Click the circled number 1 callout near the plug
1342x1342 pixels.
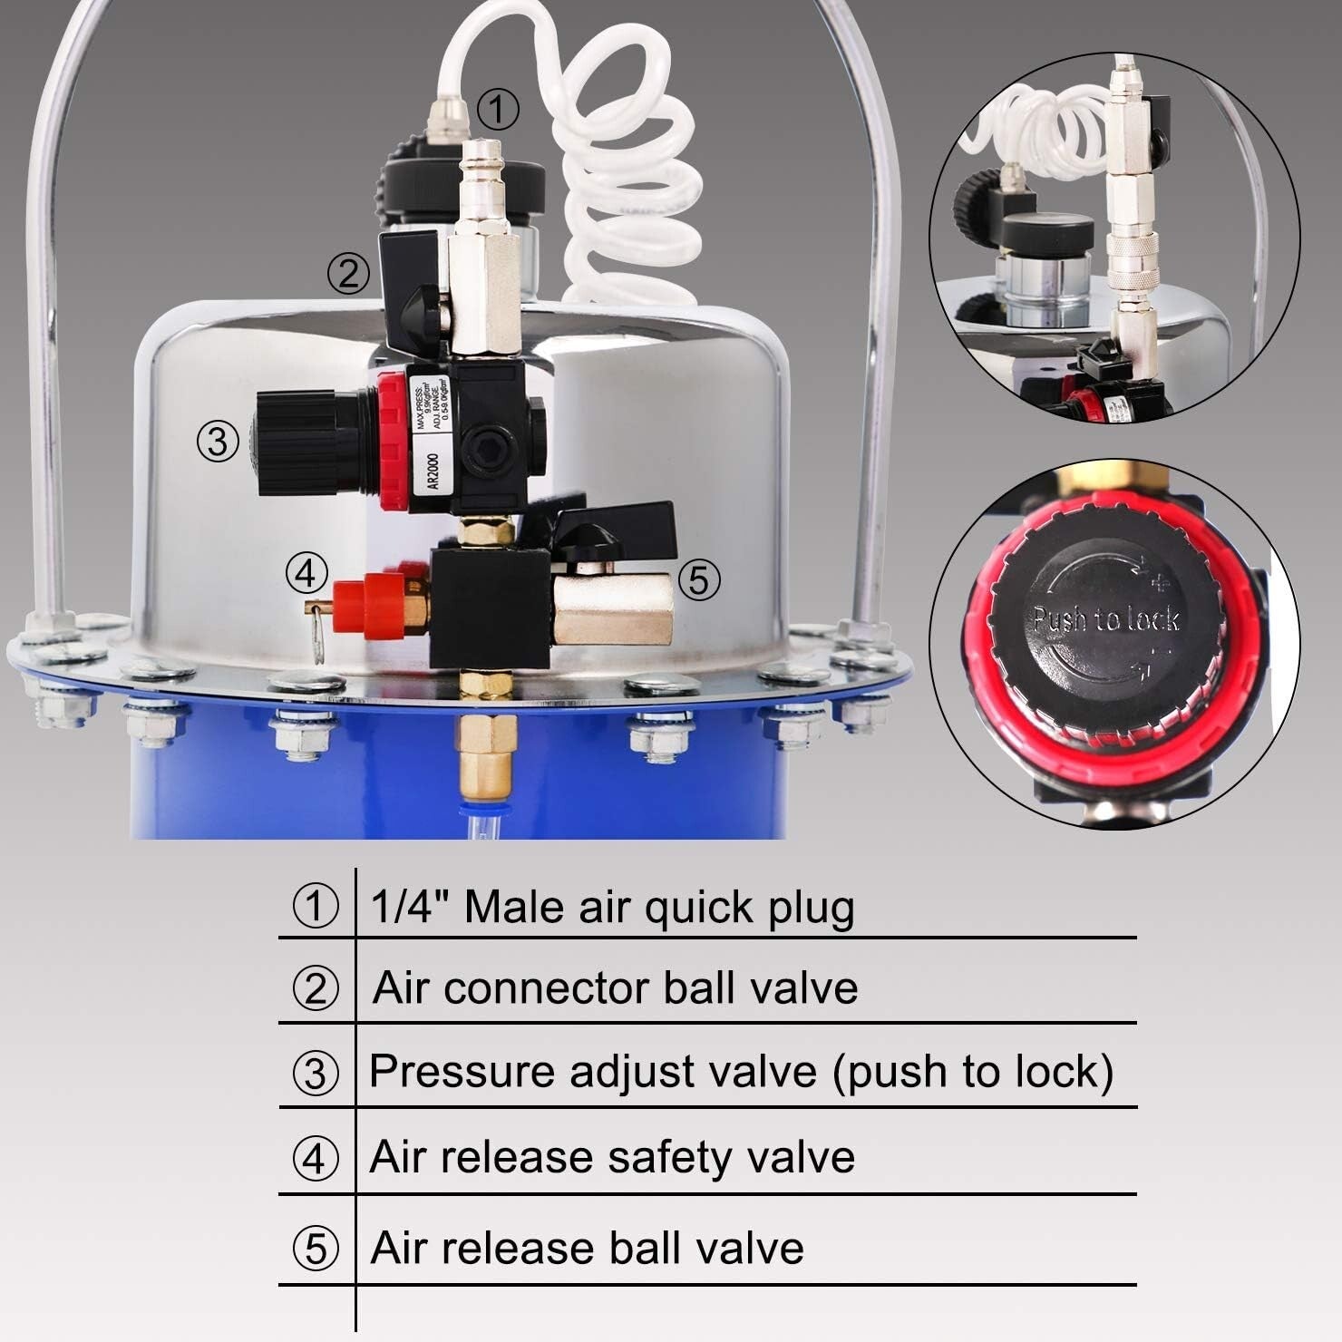pyautogui.click(x=497, y=110)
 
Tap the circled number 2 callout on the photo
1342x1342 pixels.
pyautogui.click(x=348, y=272)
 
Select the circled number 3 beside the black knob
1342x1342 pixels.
pyautogui.click(x=218, y=442)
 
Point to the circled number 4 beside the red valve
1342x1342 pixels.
pyautogui.click(x=306, y=573)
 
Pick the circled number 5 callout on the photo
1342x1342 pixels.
pyautogui.click(x=698, y=580)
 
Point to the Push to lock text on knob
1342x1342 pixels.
pyautogui.click(x=1105, y=619)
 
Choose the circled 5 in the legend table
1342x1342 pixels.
pyautogui.click(x=316, y=1248)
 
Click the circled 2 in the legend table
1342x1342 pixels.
pyautogui.click(x=316, y=987)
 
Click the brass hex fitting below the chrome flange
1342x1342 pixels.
pyautogui.click(x=484, y=748)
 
